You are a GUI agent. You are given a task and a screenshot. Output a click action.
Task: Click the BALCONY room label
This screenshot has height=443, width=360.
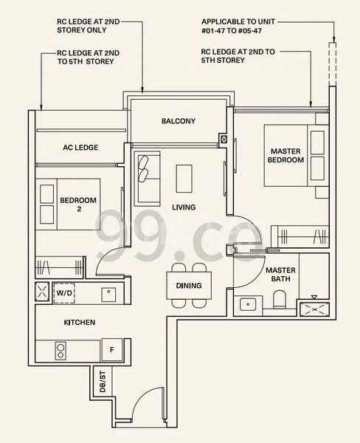pos(178,121)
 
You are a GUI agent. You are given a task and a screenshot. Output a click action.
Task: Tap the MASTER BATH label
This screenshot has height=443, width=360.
pos(280,275)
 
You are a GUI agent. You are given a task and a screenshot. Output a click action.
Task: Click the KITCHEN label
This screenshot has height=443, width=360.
pos(79,323)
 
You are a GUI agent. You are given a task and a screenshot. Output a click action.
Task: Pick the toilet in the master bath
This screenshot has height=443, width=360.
pos(280,299)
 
